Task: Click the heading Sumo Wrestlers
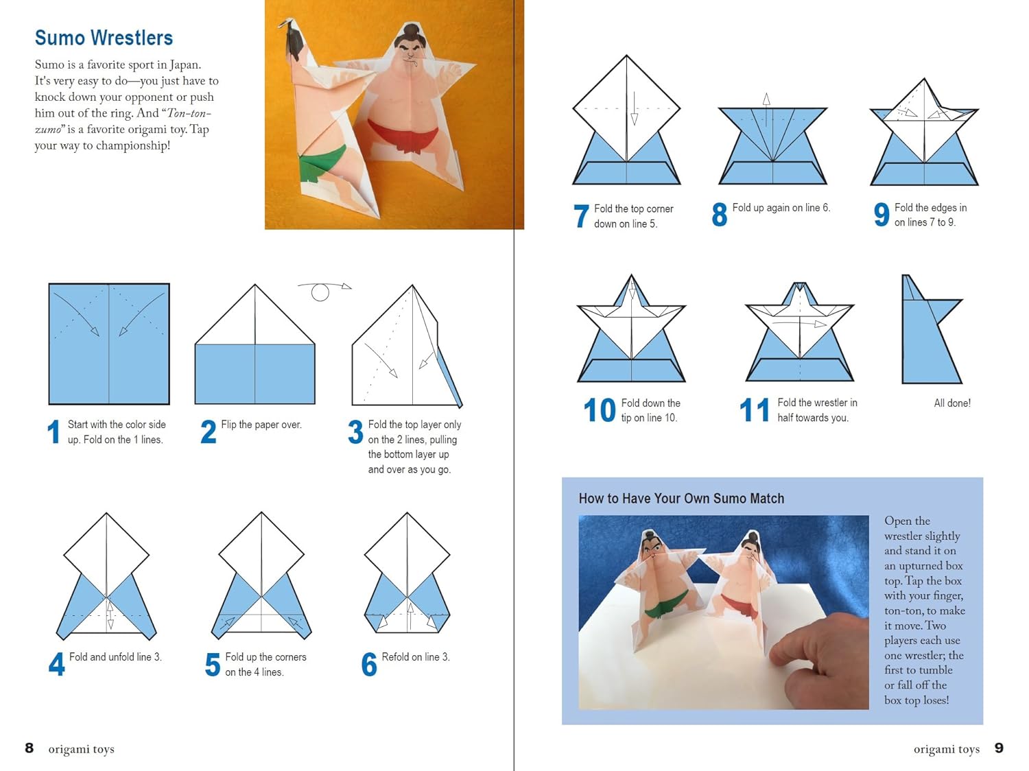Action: (x=104, y=38)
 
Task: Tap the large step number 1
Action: (x=54, y=432)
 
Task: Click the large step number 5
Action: (x=213, y=665)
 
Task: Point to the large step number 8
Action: (x=719, y=215)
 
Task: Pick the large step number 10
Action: (x=599, y=410)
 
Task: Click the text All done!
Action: (x=951, y=403)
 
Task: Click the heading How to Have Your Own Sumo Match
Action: (x=681, y=499)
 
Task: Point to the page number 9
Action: (x=999, y=748)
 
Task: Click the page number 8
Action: (x=29, y=748)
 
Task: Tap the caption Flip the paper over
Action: (x=261, y=425)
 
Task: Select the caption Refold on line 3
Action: (x=415, y=657)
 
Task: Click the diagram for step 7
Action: (x=626, y=123)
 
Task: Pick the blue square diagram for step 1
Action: (x=109, y=344)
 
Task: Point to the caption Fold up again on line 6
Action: (x=781, y=208)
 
